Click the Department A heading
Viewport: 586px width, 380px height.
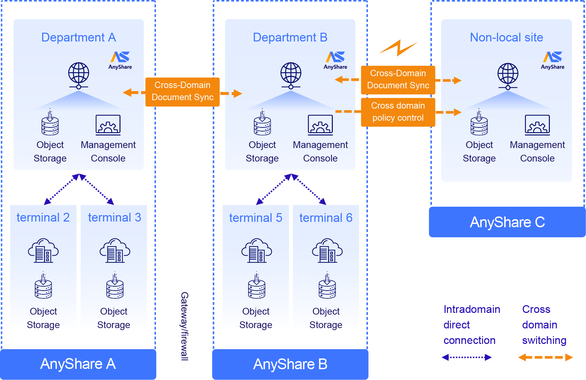click(78, 37)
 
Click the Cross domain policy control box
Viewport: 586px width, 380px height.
click(398, 112)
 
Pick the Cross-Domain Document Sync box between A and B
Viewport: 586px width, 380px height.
click(182, 91)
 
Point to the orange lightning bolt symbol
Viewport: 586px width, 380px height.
click(399, 48)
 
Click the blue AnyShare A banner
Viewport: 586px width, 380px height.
click(78, 364)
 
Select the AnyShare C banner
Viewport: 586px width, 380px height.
click(507, 222)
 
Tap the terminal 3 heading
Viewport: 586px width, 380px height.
click(114, 217)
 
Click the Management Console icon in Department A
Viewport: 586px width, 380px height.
click(108, 125)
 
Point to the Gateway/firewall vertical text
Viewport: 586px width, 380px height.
click(184, 326)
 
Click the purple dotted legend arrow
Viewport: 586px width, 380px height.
click(467, 357)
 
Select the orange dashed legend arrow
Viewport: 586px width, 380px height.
click(545, 357)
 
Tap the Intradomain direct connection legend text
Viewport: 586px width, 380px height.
click(471, 325)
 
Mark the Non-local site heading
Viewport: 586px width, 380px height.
click(506, 37)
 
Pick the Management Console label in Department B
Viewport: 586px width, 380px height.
click(320, 151)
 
